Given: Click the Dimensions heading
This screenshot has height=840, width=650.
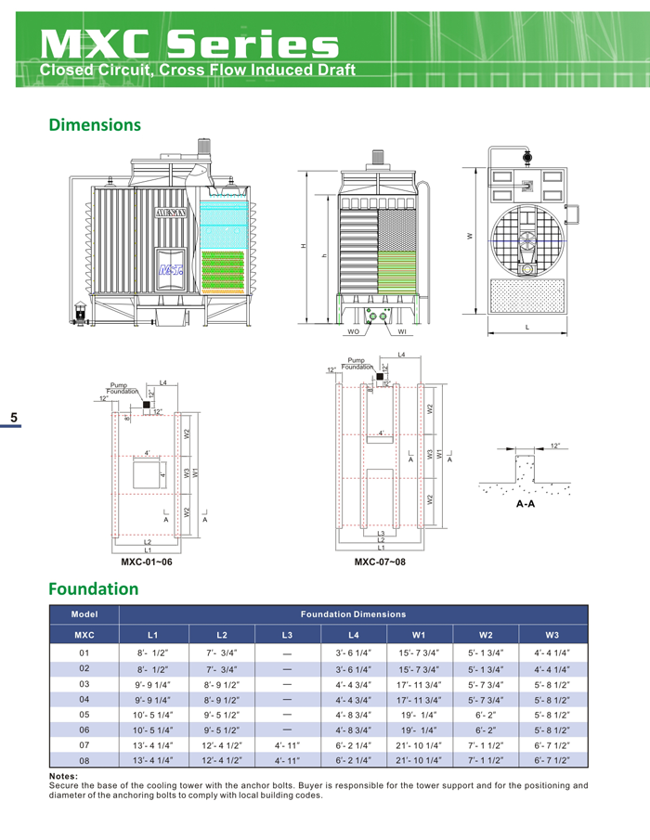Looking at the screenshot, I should (x=94, y=124).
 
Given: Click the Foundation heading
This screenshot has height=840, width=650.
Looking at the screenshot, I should (x=93, y=588).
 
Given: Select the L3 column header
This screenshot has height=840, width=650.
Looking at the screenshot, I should (x=287, y=634).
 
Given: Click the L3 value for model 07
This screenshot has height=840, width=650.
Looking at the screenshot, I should (x=287, y=744).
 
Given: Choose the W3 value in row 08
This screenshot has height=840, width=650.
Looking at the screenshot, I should (x=552, y=760).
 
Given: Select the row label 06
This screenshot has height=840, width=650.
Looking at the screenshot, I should (x=84, y=730).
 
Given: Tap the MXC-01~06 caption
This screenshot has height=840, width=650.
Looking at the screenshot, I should (x=147, y=562).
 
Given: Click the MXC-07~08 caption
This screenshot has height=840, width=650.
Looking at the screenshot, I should (x=380, y=562).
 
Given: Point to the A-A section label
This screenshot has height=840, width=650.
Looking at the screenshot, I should (x=525, y=505).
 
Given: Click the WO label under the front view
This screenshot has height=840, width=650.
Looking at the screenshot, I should (x=353, y=331).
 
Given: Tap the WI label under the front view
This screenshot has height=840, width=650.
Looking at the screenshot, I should (x=402, y=331).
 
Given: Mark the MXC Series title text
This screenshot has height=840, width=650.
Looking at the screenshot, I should (x=190, y=44).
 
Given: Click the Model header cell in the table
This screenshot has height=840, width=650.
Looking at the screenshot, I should (x=84, y=614).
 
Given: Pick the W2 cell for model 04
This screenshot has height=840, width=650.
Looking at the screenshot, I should (x=485, y=699).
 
